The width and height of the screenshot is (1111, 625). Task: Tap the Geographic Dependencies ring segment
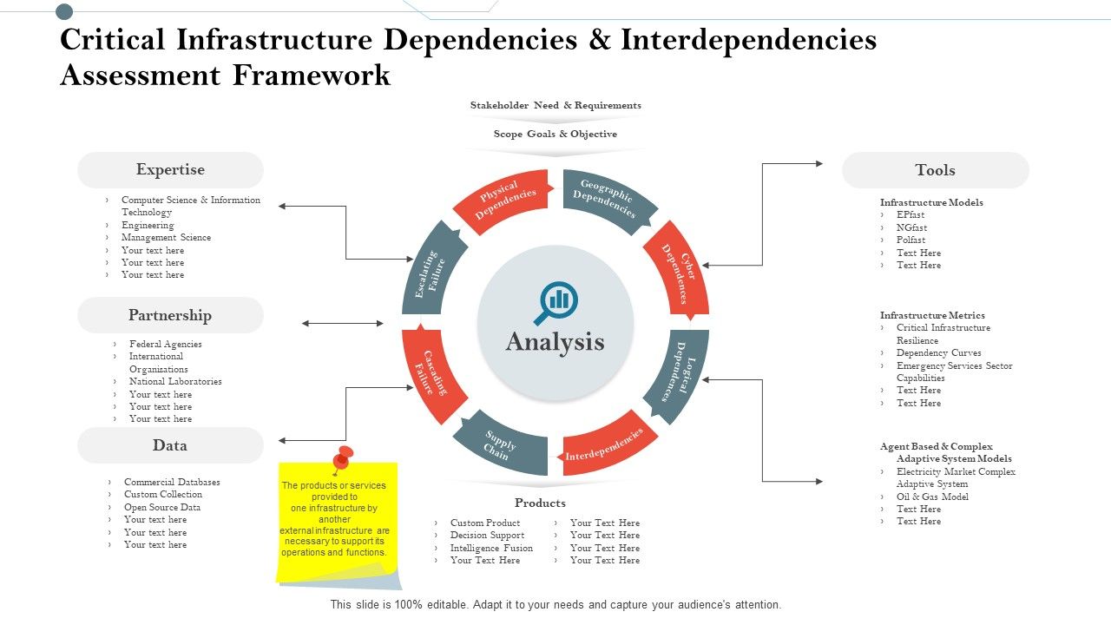[x=607, y=201]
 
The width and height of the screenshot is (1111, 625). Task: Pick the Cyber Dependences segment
[x=678, y=271]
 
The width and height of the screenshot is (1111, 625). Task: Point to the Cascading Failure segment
[x=432, y=374]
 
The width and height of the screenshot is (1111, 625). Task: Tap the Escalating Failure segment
[x=432, y=272]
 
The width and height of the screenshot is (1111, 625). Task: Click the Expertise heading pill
[x=170, y=170]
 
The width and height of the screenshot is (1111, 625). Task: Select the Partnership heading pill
[x=170, y=315]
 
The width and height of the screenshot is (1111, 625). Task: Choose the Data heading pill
[x=170, y=445]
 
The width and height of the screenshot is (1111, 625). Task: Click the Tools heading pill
[x=935, y=170]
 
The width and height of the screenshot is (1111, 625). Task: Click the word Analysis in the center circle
[x=555, y=342]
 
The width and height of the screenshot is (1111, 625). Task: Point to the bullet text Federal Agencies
[x=165, y=344]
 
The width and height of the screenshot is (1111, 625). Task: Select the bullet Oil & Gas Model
[x=932, y=497]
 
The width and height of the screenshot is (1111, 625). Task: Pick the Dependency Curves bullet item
[x=938, y=353]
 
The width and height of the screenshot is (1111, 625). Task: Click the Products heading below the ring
[x=540, y=503]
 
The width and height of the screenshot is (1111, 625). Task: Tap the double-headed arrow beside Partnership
[x=343, y=324]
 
